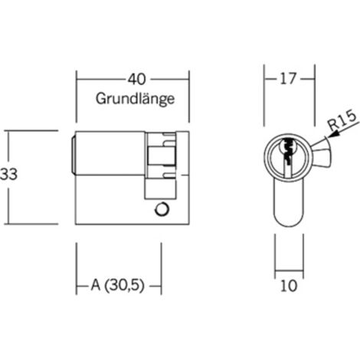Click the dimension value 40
pyautogui.click(x=137, y=79)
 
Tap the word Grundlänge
pyautogui.click(x=135, y=99)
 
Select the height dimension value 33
pyautogui.click(x=8, y=175)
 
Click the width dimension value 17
pyautogui.click(x=288, y=79)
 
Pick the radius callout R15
pyautogui.click(x=342, y=121)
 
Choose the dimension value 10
pyautogui.click(x=289, y=286)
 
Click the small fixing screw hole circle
pyautogui.click(x=162, y=209)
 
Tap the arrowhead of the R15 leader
pyautogui.click(x=332, y=135)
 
